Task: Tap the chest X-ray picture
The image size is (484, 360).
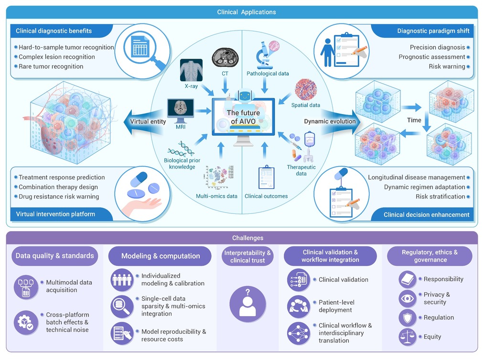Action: pyautogui.click(x=192, y=70)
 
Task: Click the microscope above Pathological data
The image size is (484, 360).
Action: pyautogui.click(x=264, y=55)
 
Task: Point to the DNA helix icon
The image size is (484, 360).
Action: pyautogui.click(x=181, y=149)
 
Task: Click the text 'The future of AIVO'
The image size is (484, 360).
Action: pyautogui.click(x=243, y=117)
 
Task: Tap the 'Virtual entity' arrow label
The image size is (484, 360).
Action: pyautogui.click(x=148, y=122)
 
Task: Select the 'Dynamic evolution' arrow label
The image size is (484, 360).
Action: pyautogui.click(x=330, y=121)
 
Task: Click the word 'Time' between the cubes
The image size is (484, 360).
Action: pyautogui.click(x=414, y=120)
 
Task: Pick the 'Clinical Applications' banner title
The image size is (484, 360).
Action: pyautogui.click(x=247, y=12)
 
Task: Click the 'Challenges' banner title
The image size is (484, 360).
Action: pyautogui.click(x=247, y=238)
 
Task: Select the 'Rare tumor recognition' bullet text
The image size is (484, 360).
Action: pyautogui.click(x=51, y=66)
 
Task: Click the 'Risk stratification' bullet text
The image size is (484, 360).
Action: pyautogui.click(x=440, y=197)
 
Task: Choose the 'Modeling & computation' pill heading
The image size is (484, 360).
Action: pyautogui.click(x=161, y=256)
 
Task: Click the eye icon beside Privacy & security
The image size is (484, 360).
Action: pyautogui.click(x=408, y=298)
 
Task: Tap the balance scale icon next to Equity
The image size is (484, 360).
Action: pyautogui.click(x=408, y=337)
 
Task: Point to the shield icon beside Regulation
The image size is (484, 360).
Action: pyautogui.click(x=408, y=318)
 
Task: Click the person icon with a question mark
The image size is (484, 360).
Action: pyautogui.click(x=247, y=304)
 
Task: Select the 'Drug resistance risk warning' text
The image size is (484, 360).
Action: pyautogui.click(x=59, y=197)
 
